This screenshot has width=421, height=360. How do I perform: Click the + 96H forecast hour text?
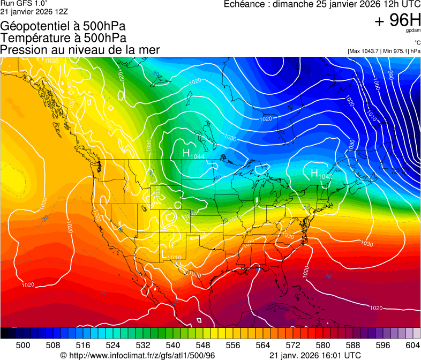(397, 20)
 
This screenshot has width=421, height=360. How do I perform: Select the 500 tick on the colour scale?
(23, 345)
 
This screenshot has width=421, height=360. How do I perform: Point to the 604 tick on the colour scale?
(413, 345)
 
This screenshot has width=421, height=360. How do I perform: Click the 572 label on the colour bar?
(293, 345)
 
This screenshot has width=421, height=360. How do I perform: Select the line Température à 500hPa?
(63, 37)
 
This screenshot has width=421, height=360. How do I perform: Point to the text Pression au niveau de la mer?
(80, 50)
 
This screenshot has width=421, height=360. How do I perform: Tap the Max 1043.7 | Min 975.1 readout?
(384, 51)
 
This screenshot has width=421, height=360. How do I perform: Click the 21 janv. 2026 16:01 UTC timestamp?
(314, 355)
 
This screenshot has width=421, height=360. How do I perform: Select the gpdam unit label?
(413, 31)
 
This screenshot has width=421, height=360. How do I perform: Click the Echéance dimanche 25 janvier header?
(321, 5)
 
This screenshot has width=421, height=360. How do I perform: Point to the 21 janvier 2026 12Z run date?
(33, 11)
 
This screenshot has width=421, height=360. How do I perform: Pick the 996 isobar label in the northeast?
(390, 76)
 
